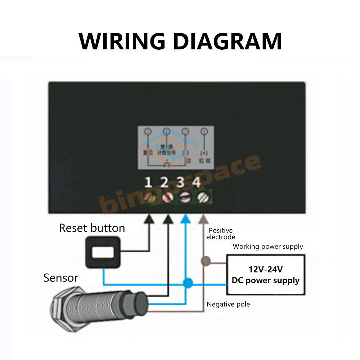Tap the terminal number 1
[x=148, y=183]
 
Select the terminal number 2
[x=165, y=183]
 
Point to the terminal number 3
[x=181, y=183]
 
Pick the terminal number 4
[x=197, y=183]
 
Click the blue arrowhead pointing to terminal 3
[x=185, y=218]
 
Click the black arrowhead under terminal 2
[x=167, y=218]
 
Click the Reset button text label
[x=92, y=228]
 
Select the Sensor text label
[x=60, y=278]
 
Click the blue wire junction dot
[x=187, y=283]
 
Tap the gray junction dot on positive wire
[x=206, y=260]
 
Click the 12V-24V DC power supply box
[x=265, y=274]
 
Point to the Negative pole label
[x=228, y=305]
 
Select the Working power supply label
[x=268, y=247]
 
